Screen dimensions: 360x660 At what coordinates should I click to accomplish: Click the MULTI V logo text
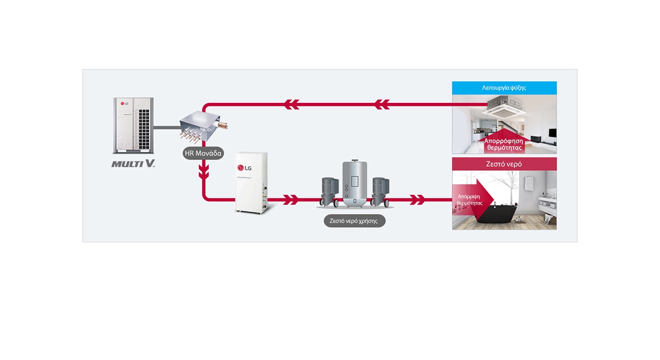[x=133, y=164]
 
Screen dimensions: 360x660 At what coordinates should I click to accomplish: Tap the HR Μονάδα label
[x=204, y=153]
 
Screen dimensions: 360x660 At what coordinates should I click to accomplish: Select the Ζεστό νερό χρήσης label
[x=354, y=221]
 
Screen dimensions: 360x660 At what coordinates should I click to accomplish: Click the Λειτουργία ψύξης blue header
[x=504, y=88]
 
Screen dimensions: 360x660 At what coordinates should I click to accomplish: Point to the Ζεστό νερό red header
[x=504, y=164]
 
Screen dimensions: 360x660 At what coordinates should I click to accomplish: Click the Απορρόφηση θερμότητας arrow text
[x=503, y=144]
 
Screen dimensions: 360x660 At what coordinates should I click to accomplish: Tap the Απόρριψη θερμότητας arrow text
[x=469, y=200]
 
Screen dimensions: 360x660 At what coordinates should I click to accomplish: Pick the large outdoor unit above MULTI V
[x=133, y=125]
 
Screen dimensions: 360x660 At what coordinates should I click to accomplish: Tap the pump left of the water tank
[x=329, y=191]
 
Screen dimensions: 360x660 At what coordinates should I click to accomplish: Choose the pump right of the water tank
[x=380, y=191]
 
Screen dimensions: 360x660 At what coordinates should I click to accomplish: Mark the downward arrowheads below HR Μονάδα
[x=204, y=171]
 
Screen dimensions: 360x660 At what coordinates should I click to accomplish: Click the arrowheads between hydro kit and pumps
[x=291, y=200]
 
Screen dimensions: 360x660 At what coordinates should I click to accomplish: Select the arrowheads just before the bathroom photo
[x=417, y=200]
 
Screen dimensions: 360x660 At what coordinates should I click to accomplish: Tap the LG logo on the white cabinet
[x=244, y=168]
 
